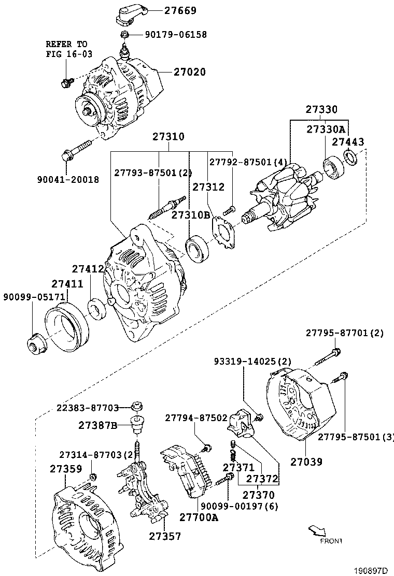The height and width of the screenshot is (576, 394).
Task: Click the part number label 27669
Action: (x=166, y=10)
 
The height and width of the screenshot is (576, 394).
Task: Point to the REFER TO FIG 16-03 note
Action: (x=66, y=49)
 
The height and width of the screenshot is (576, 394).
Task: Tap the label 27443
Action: (x=348, y=141)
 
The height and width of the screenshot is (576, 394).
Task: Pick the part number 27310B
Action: (x=191, y=215)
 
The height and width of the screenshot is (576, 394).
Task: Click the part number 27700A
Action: (x=199, y=516)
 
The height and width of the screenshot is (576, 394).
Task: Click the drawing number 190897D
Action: (x=371, y=570)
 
